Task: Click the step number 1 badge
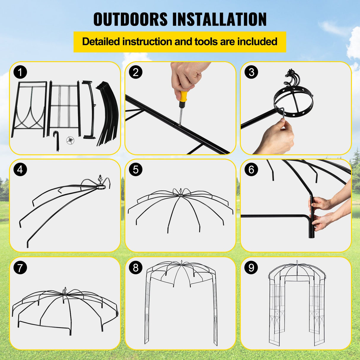[20, 72]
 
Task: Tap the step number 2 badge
[136, 72]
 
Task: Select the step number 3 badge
[251, 72]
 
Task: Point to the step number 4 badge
[20, 170]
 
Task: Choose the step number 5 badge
[136, 170]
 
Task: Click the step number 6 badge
[251, 170]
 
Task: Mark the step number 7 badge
[20, 267]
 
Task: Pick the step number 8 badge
[136, 267]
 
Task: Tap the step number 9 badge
[251, 267]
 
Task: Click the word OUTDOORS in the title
[130, 19]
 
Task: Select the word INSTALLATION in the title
[219, 19]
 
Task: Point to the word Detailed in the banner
[101, 42]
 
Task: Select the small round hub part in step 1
[70, 140]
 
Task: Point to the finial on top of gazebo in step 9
[297, 262]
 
